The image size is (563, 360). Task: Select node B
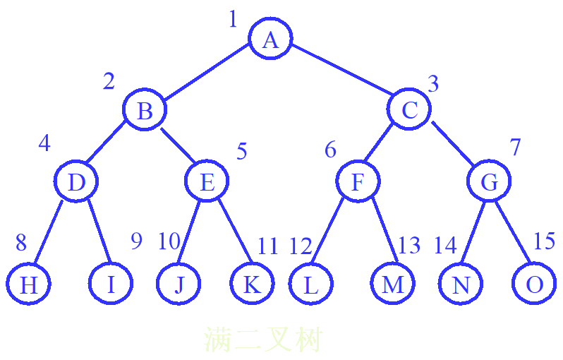(145, 110)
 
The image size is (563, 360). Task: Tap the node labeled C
(409, 110)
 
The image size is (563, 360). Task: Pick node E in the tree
(207, 182)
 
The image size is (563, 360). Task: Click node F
(357, 182)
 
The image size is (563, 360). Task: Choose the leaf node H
(29, 284)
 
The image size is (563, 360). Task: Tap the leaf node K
(252, 284)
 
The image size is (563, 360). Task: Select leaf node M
(392, 284)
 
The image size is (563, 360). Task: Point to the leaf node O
(535, 284)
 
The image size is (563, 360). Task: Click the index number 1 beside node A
(233, 19)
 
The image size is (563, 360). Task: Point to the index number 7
(516, 148)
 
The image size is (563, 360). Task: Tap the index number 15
(544, 241)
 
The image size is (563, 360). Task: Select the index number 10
(169, 242)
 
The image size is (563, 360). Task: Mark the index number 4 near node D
(44, 143)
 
